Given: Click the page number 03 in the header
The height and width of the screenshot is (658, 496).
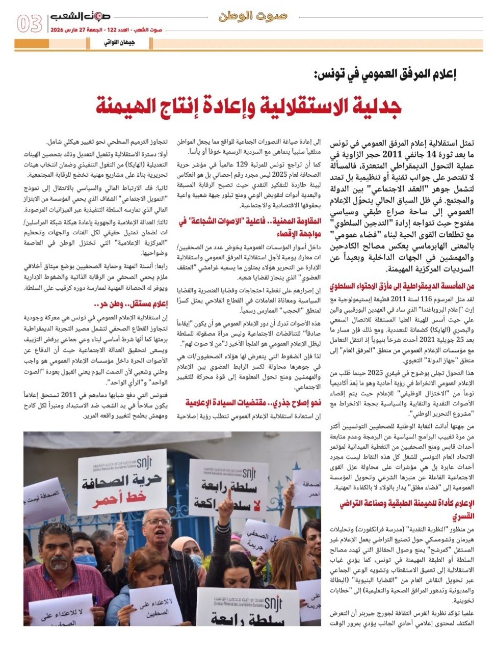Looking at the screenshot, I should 29,23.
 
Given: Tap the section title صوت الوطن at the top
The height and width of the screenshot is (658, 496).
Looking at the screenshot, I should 253,16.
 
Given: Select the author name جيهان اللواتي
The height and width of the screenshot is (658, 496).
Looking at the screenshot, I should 119,42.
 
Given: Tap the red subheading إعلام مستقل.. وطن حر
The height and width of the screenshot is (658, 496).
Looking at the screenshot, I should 131,304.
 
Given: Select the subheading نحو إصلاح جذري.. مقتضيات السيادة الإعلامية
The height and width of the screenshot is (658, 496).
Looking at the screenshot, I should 253,403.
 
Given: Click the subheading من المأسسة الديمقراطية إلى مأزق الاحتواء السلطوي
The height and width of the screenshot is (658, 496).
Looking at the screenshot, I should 402,287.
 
